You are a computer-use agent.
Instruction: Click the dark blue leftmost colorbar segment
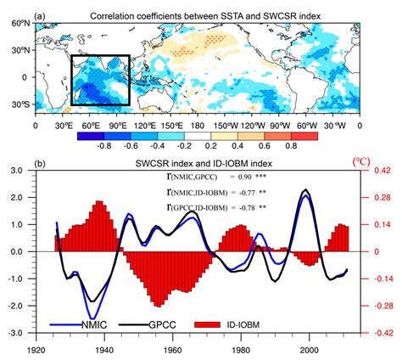tap(87, 134)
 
